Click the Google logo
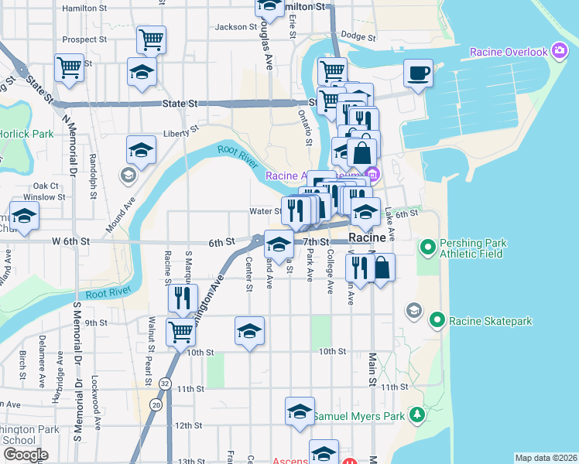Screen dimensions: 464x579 point(26,455)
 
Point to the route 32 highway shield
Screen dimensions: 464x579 point(166,383)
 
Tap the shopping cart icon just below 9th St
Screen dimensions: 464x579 point(181,332)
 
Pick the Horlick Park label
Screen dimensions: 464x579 point(27,134)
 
